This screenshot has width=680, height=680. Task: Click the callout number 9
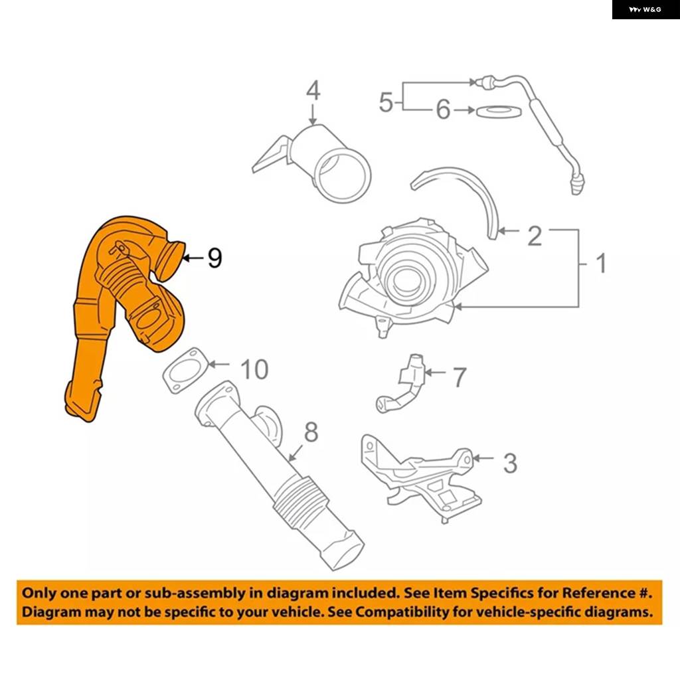[x=214, y=258]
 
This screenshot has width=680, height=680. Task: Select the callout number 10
[x=254, y=369]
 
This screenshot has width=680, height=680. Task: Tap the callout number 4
[x=313, y=90]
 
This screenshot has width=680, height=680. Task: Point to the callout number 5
[x=386, y=102]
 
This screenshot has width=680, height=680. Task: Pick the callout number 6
[x=443, y=110]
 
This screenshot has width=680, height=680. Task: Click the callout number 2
[x=535, y=236]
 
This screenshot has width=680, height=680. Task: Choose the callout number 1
[x=601, y=263]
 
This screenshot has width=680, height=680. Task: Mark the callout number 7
[x=460, y=377]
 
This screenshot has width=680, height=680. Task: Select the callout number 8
[x=311, y=432]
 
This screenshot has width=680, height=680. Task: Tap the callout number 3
[x=510, y=463]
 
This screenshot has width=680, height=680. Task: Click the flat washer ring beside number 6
[x=499, y=111]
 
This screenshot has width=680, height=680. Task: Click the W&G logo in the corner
[x=645, y=9]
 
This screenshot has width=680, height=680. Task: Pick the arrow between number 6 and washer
[x=464, y=110]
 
